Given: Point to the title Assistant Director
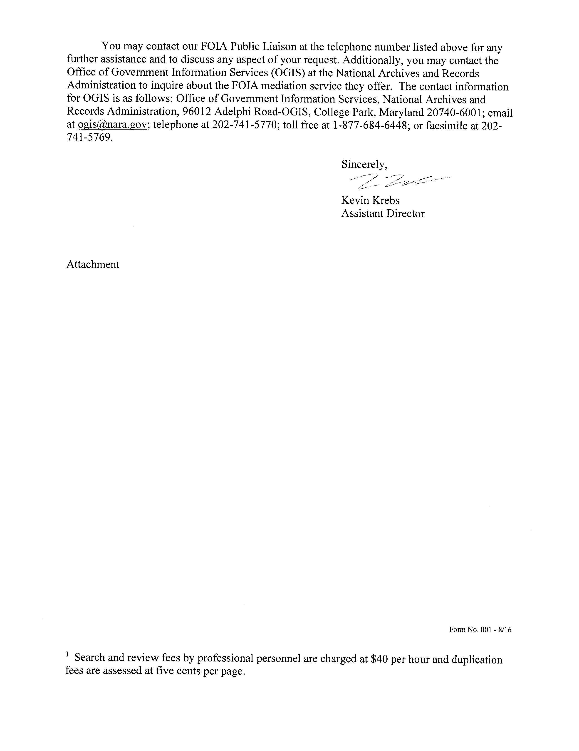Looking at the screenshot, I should click(383, 213).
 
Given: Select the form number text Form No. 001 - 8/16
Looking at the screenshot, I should click(480, 640).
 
